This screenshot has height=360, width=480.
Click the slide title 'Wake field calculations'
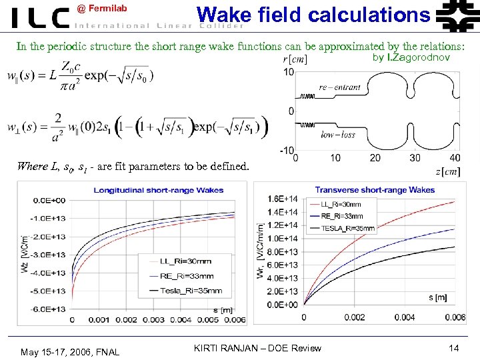point(313,14)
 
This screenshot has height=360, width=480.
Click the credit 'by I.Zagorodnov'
point(411,58)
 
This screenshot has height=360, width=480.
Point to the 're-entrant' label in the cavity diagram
point(339,87)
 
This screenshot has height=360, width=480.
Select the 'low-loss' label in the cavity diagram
point(338,135)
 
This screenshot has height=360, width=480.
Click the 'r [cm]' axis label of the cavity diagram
point(295,59)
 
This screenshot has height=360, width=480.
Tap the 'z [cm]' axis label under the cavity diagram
point(447,172)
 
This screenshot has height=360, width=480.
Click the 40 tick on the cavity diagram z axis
point(455,158)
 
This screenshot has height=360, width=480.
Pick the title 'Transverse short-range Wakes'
point(375,190)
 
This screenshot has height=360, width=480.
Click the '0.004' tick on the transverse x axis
point(405,317)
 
